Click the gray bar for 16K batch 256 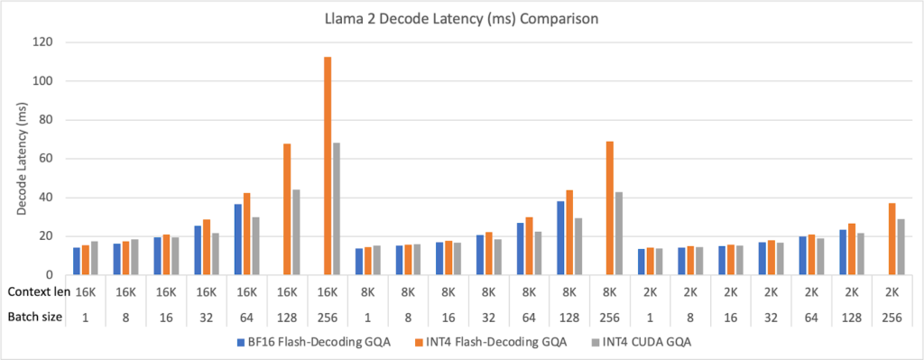tap(337, 208)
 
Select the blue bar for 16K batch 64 tap(238, 239)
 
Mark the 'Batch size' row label tap(32, 316)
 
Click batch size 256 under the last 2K tap(892, 316)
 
